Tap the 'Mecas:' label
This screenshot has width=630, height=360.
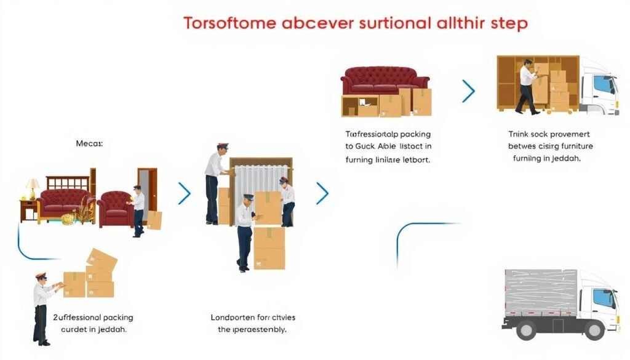click(90, 143)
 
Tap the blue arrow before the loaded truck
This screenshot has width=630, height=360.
click(469, 91)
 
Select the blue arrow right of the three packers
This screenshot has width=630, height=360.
click(322, 193)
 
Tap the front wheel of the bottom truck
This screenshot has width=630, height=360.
click(594, 331)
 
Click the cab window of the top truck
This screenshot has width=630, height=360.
click(604, 85)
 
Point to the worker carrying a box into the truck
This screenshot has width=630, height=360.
click(527, 86)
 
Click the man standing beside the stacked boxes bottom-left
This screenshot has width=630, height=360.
click(42, 307)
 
